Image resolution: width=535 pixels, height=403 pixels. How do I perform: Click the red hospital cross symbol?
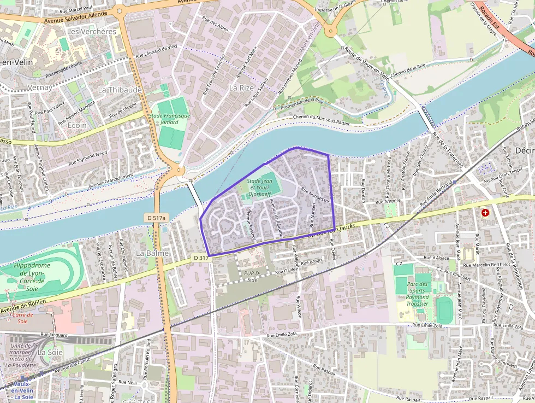(485, 212)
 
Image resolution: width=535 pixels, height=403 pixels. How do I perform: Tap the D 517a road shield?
(156, 218)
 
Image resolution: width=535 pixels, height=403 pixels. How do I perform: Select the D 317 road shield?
(200, 258)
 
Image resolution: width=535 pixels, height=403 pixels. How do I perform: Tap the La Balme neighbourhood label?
(152, 254)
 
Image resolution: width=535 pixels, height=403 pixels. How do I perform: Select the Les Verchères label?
(91, 32)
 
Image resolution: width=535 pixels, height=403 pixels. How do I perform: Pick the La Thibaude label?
(120, 89)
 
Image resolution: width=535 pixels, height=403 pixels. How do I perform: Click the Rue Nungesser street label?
(316, 195)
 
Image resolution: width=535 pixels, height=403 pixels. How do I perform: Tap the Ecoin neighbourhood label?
(78, 125)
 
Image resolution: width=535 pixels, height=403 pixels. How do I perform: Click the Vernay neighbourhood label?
(39, 87)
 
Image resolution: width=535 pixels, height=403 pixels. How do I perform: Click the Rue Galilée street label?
(287, 270)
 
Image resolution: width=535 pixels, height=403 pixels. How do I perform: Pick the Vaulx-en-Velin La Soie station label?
(22, 390)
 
